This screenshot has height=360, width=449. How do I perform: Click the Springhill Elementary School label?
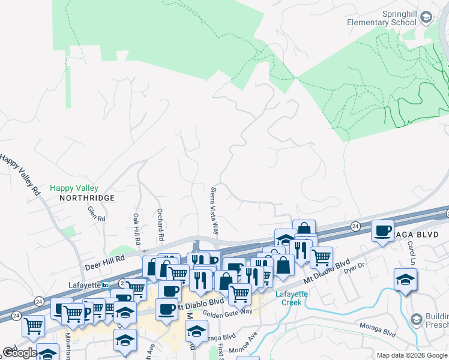tap(382, 18)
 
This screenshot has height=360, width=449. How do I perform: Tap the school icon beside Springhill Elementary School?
tap(426, 17)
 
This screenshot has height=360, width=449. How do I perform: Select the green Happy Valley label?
tap(74, 188)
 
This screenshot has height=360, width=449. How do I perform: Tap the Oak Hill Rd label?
tap(137, 230)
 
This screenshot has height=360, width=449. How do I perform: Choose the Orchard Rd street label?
tap(160, 223)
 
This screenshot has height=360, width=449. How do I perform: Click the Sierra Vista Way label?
tap(214, 211)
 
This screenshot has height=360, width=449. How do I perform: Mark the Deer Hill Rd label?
tap(103, 259)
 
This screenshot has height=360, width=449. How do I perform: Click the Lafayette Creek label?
tap(292, 298)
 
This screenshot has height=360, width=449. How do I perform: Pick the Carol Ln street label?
tap(411, 253)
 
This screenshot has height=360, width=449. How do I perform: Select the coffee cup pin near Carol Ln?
tap(382, 231)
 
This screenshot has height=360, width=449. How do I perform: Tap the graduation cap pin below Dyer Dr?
tap(405, 279)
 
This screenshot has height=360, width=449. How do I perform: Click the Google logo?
tap(19, 353)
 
